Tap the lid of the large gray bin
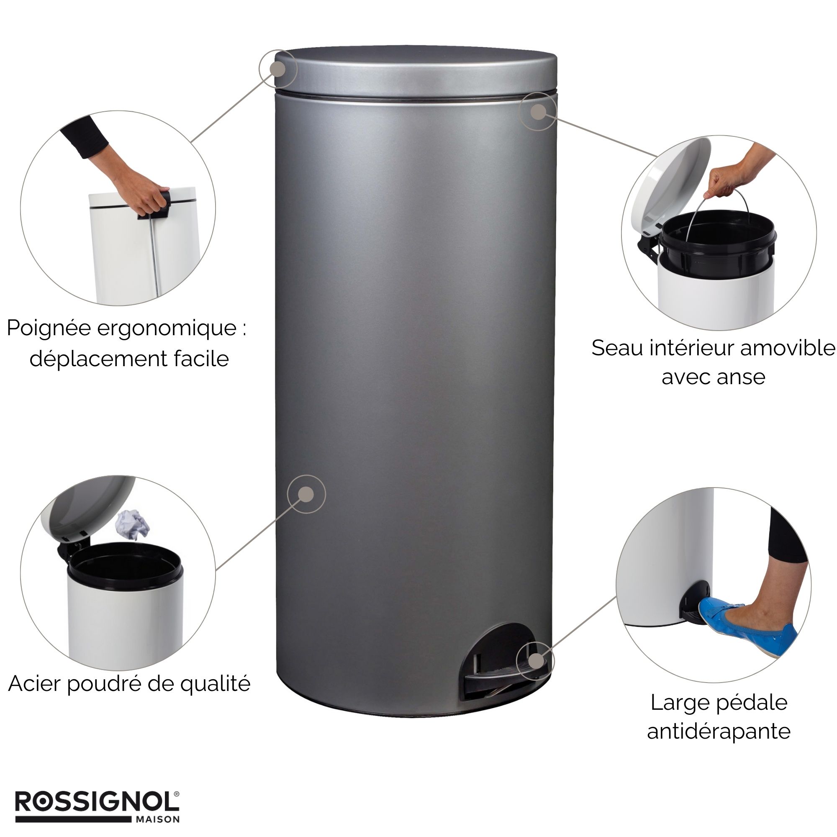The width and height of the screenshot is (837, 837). click(416, 72)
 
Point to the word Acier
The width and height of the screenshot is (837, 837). click(36, 684)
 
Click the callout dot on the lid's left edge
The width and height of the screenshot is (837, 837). click(278, 69)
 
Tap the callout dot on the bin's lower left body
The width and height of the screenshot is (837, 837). click(306, 494)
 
